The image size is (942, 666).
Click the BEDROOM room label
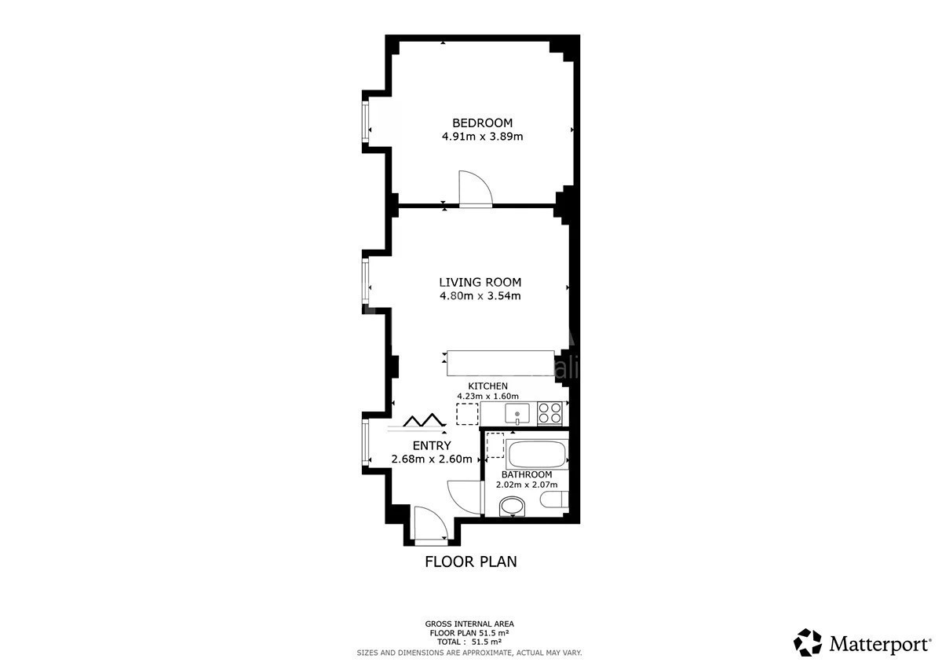click(x=482, y=123)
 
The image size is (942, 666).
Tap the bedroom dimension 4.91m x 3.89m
click(x=482, y=137)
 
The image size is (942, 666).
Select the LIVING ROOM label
click(x=480, y=282)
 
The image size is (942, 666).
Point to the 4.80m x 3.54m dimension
click(x=480, y=296)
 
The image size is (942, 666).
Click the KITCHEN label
click(x=487, y=386)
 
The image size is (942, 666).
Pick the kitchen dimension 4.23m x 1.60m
click(x=487, y=396)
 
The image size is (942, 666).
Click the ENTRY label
click(x=432, y=445)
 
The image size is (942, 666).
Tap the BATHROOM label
click(x=527, y=474)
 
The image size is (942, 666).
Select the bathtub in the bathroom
click(x=537, y=454)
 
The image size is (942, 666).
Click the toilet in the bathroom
click(x=554, y=499)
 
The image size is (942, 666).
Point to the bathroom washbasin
click(x=512, y=507)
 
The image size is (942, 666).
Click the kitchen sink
click(x=517, y=413)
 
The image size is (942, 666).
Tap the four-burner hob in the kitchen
click(x=550, y=413)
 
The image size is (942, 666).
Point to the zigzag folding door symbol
click(x=424, y=420)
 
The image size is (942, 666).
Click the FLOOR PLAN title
click(x=471, y=562)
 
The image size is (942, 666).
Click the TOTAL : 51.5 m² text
click(x=469, y=642)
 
